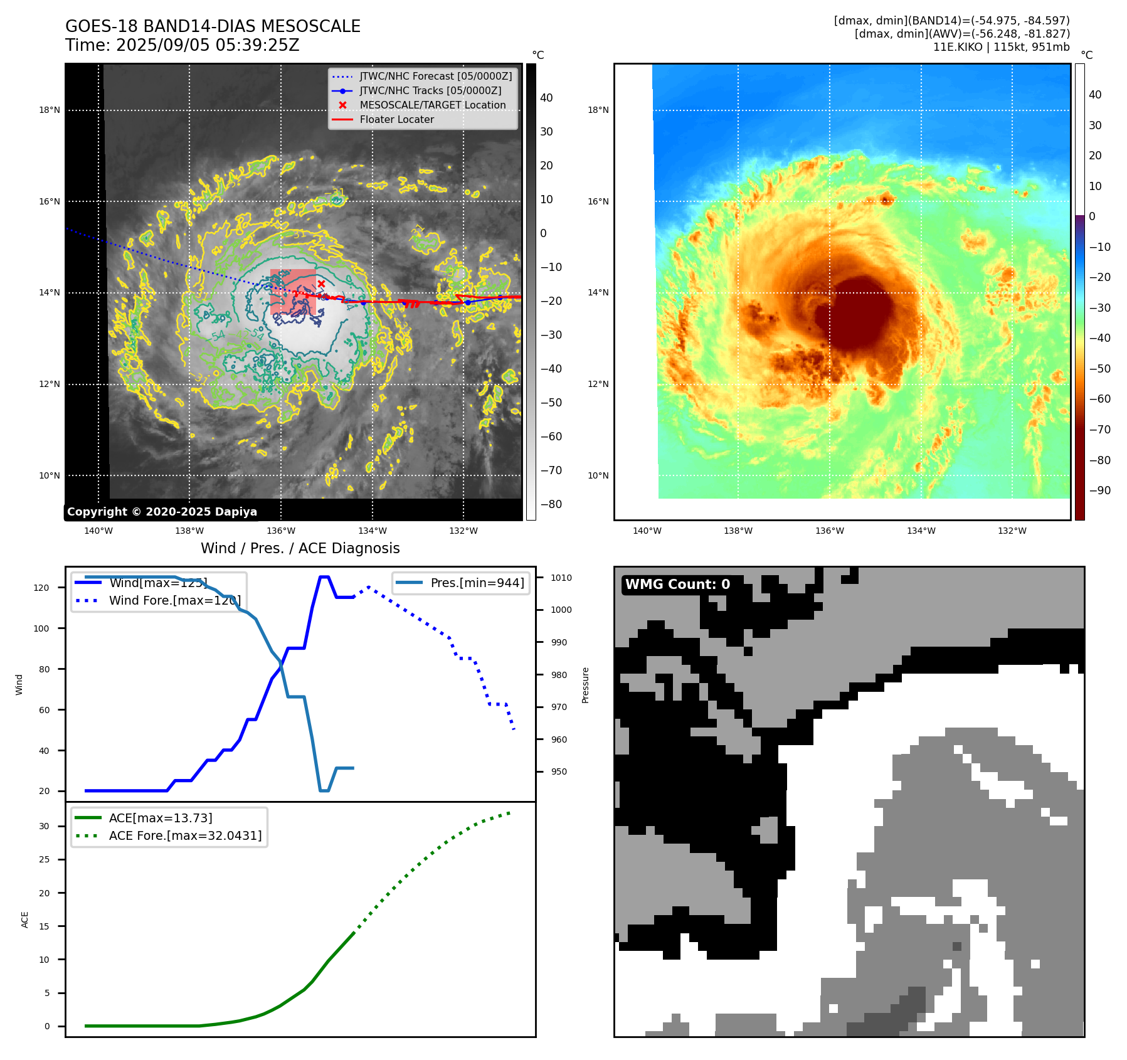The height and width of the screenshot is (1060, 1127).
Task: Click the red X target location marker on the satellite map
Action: click(321, 284)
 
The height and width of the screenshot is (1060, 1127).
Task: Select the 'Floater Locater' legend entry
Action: click(396, 120)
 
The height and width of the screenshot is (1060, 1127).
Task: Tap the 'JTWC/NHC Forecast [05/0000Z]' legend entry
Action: click(435, 77)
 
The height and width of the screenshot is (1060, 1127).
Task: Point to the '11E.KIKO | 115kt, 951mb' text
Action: click(1001, 47)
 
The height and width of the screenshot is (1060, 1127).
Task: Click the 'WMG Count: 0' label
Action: click(677, 585)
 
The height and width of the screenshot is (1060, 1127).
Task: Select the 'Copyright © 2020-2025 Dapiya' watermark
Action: click(162, 512)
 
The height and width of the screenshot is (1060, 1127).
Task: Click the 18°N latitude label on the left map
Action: click(50, 110)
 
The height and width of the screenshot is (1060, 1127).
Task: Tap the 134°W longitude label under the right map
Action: click(921, 531)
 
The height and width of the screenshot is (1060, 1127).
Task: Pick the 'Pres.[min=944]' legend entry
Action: click(477, 583)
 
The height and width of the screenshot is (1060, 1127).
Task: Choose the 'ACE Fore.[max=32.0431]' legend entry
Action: click(185, 836)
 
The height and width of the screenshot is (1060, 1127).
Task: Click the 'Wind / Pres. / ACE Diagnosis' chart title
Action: click(300, 549)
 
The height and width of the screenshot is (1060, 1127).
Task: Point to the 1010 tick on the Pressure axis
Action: click(561, 578)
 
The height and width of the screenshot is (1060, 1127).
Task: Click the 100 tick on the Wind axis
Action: click(41, 628)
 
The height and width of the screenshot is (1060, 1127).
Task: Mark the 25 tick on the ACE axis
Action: click(44, 860)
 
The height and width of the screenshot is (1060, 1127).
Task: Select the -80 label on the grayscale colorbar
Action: click(551, 504)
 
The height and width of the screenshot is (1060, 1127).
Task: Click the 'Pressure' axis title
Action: click(586, 685)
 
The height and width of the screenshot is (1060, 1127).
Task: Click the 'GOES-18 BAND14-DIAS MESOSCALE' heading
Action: click(213, 27)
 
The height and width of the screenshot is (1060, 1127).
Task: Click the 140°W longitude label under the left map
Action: click(98, 531)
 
